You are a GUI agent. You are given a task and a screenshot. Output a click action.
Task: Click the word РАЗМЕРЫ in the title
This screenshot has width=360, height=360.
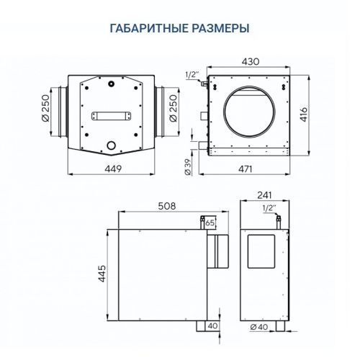216,29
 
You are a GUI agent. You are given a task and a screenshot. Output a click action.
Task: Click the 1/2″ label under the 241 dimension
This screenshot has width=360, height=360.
269,207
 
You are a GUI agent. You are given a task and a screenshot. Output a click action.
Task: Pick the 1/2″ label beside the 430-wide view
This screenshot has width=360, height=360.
191,74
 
